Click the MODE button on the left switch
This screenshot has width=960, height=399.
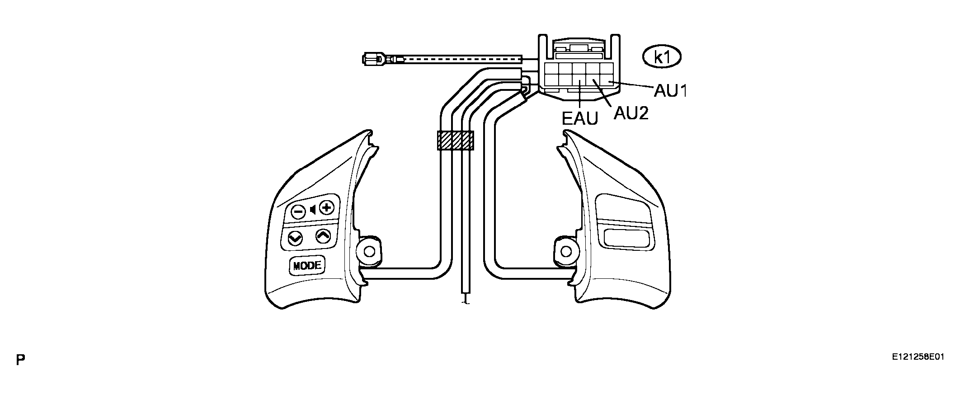(x=307, y=266)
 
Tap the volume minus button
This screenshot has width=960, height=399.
(x=297, y=211)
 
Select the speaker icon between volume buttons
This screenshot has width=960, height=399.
(x=312, y=210)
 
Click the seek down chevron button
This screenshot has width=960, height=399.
(x=295, y=238)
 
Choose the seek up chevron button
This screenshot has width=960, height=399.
(x=323, y=235)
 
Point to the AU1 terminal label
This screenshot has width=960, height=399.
(x=671, y=91)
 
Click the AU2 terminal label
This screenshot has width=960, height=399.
(x=631, y=113)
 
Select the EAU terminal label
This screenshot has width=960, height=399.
(x=580, y=119)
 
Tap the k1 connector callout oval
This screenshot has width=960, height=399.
(x=662, y=57)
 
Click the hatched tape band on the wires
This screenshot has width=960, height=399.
(x=455, y=141)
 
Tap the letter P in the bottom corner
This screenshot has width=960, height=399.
(x=20, y=360)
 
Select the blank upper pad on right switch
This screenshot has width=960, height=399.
(x=624, y=208)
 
